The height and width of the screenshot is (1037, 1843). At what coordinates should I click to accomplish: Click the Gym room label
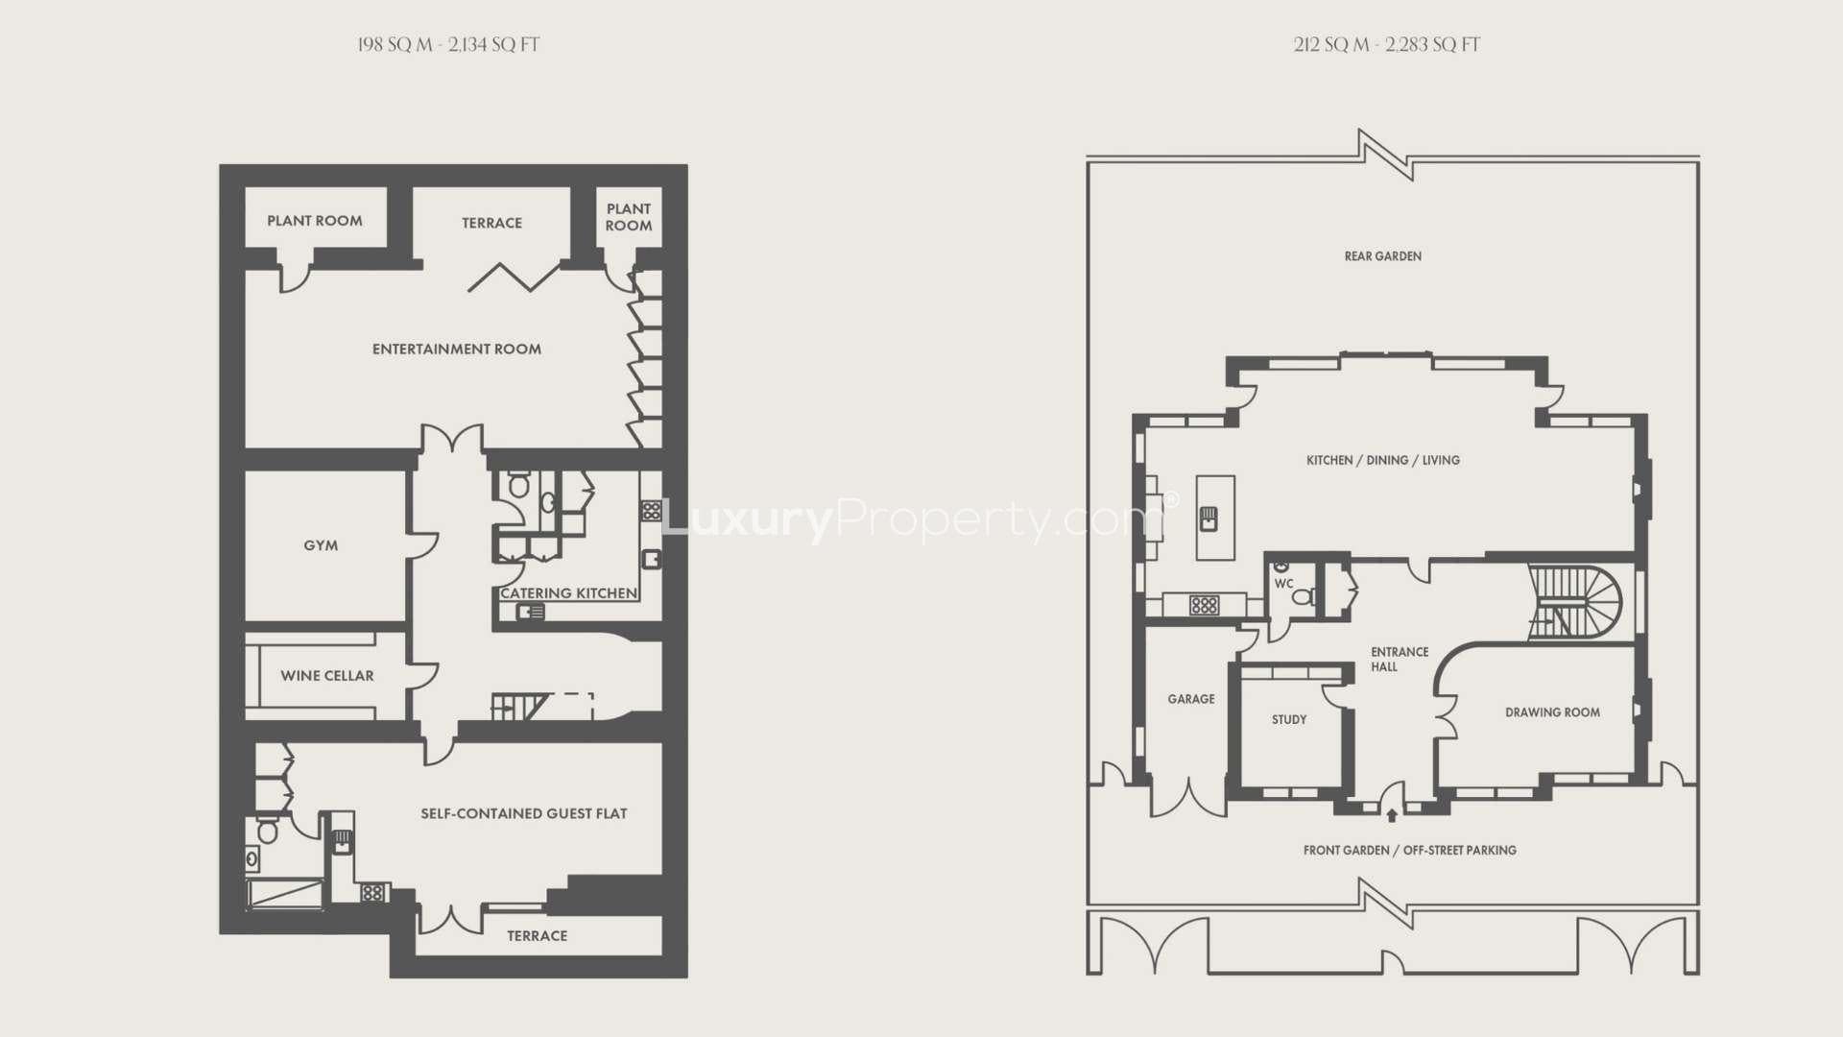pyautogui.click(x=321, y=545)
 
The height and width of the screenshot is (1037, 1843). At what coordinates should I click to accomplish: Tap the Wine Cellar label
pyautogui.click(x=327, y=676)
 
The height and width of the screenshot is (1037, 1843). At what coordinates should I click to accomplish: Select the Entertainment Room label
pyautogui.click(x=457, y=350)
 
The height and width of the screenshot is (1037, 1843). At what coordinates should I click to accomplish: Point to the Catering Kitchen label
pyautogui.click(x=569, y=593)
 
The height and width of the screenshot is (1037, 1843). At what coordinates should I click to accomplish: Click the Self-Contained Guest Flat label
pyautogui.click(x=524, y=814)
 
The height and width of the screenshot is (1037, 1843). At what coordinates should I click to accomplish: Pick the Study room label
pyautogui.click(x=1289, y=719)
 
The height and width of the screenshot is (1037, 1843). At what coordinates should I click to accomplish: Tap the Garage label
pyautogui.click(x=1191, y=699)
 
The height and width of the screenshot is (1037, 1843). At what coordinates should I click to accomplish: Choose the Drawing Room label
pyautogui.click(x=1552, y=712)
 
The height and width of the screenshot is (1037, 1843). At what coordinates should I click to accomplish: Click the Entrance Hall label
pyautogui.click(x=1399, y=659)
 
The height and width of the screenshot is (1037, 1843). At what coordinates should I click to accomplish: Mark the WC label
pyautogui.click(x=1283, y=584)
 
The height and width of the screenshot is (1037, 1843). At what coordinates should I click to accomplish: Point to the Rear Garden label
pyautogui.click(x=1383, y=256)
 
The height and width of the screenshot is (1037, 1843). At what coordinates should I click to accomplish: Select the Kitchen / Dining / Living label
pyautogui.click(x=1383, y=461)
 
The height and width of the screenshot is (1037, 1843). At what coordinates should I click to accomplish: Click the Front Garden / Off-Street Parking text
pyautogui.click(x=1410, y=851)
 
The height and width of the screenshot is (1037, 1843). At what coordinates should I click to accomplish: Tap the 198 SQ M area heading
pyautogui.click(x=448, y=45)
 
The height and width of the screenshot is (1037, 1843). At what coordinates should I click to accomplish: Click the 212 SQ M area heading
pyautogui.click(x=1387, y=45)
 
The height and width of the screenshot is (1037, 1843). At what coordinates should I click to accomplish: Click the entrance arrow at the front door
pyautogui.click(x=1392, y=815)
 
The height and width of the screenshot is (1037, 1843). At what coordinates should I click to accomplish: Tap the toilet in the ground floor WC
pyautogui.click(x=1303, y=597)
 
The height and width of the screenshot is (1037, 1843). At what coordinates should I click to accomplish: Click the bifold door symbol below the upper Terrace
pyautogui.click(x=514, y=277)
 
